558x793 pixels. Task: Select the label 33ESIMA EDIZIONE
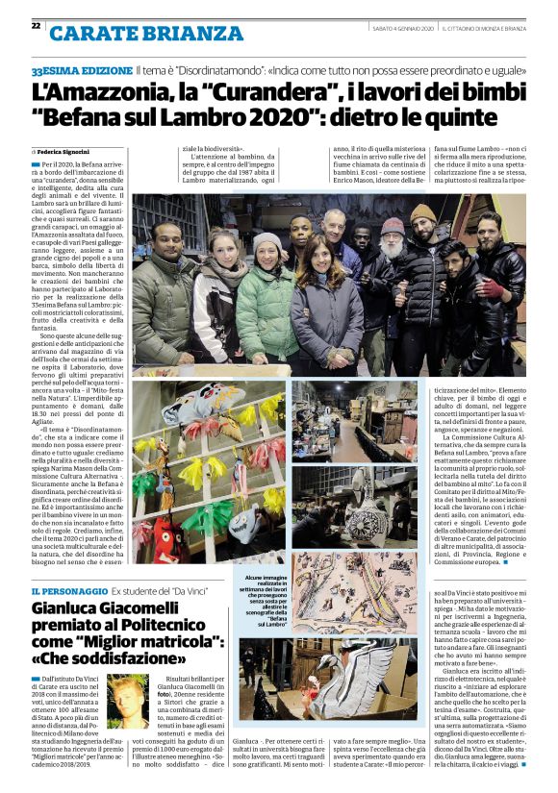point(82,71)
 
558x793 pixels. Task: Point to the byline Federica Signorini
point(68,152)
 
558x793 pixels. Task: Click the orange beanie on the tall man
point(422,212)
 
